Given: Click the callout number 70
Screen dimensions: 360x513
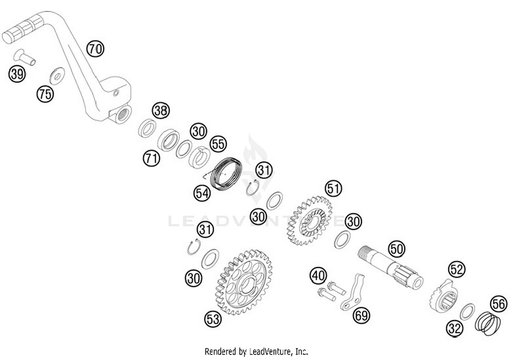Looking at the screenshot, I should pyautogui.click(x=95, y=49).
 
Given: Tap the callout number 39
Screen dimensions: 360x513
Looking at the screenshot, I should pyautogui.click(x=17, y=74).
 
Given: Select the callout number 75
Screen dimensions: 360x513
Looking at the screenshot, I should pyautogui.click(x=45, y=94).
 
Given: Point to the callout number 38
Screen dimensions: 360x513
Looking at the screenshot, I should pyautogui.click(x=161, y=110).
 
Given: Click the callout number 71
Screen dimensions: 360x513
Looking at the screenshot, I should pyautogui.click(x=152, y=158).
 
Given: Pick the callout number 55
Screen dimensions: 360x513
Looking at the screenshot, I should pyautogui.click(x=218, y=144).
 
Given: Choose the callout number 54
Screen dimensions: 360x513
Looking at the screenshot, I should pyautogui.click(x=202, y=193).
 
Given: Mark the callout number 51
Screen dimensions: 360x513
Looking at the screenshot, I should pyautogui.click(x=333, y=188).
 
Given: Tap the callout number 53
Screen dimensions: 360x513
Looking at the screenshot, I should pyautogui.click(x=213, y=319).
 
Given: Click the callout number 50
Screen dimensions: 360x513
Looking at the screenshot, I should pyautogui.click(x=397, y=249).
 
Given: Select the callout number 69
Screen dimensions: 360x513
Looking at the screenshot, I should pyautogui.click(x=361, y=315).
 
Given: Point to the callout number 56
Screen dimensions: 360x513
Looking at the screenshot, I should pyautogui.click(x=498, y=304).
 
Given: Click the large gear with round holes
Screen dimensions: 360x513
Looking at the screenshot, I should pyautogui.click(x=244, y=282).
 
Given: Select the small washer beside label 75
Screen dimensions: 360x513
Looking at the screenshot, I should pyautogui.click(x=57, y=76).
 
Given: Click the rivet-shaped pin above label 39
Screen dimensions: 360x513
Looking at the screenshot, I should pyautogui.click(x=25, y=57).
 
